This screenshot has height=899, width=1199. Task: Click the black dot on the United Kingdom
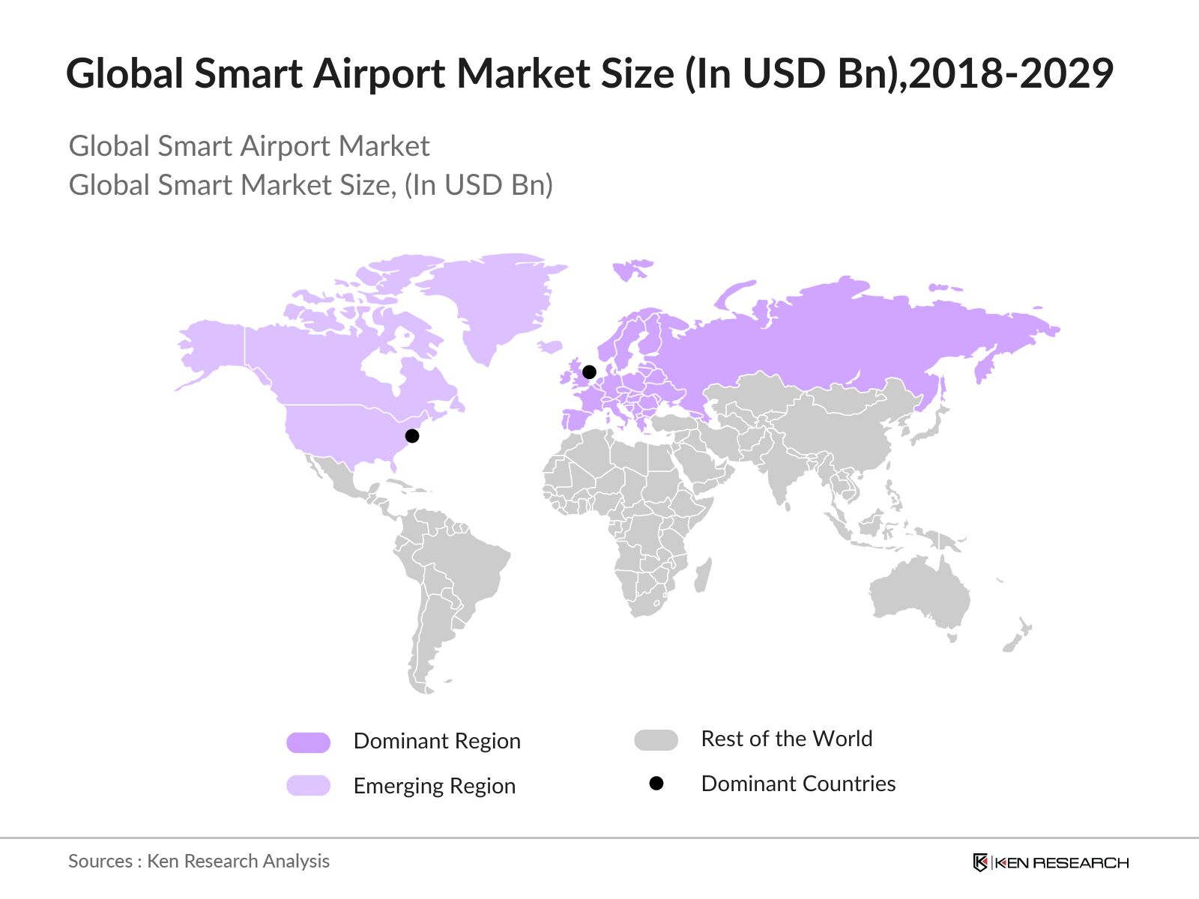pos(589,372)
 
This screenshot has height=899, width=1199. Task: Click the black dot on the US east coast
pos(411,435)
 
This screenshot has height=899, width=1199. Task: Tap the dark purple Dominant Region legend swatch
pos(308,742)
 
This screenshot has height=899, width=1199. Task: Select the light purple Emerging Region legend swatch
pos(308,785)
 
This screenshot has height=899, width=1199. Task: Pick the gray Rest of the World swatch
pos(656,740)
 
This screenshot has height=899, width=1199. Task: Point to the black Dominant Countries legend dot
pos(656,784)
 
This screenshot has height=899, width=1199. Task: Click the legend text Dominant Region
pos(437,741)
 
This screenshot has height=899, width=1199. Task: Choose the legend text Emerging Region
pos(435,786)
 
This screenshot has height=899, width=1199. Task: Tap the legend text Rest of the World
pos(787,739)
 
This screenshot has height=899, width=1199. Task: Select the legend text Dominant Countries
pos(798,784)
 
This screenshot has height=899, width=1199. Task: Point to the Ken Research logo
pos(1051,862)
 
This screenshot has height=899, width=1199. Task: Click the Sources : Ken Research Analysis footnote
pos(199,861)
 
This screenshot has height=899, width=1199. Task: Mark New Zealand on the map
pos(1018,636)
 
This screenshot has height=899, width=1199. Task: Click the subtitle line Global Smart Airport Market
pos(249,146)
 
